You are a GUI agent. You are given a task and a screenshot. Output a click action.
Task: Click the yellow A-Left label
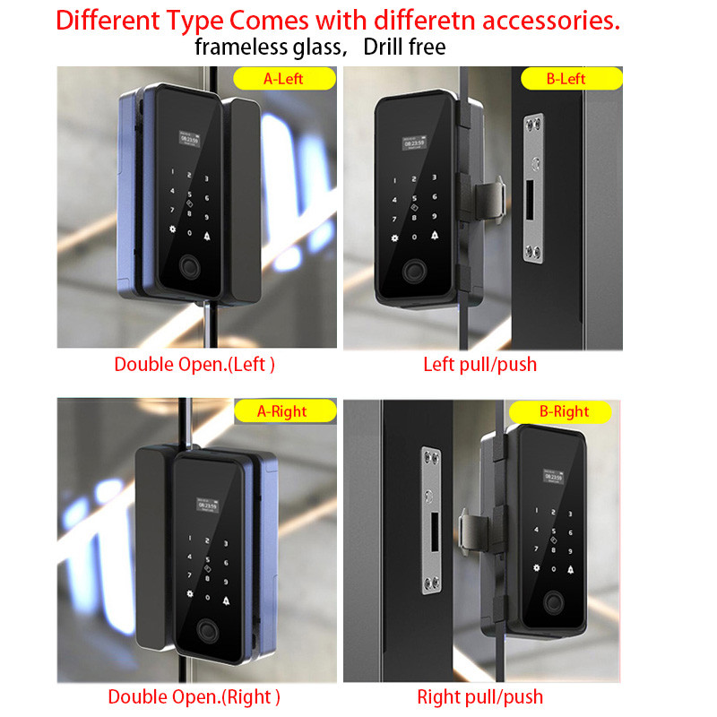(282, 79)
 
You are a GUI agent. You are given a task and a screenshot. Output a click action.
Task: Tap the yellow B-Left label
(566, 79)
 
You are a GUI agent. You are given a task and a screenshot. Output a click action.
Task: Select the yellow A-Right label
(283, 411)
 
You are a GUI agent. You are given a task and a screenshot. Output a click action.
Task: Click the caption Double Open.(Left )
(194, 365)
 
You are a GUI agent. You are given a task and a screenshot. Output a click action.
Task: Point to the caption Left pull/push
(479, 365)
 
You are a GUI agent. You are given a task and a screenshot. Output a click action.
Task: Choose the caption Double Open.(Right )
(194, 696)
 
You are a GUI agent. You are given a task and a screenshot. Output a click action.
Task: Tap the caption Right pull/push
(479, 696)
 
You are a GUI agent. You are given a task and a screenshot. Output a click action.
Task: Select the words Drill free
(404, 48)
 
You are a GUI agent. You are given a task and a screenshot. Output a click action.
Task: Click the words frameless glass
(270, 48)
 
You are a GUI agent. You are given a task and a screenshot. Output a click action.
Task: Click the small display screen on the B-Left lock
(414, 141)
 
